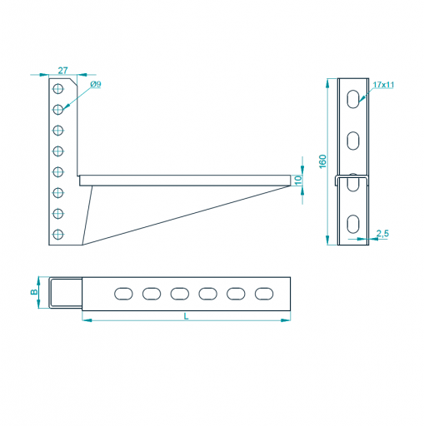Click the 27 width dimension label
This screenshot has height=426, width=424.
(62, 71)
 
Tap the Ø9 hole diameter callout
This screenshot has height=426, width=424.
(96, 84)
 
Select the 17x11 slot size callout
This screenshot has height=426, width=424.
(383, 85)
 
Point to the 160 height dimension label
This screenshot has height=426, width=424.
(322, 161)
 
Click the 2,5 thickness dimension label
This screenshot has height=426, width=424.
(382, 234)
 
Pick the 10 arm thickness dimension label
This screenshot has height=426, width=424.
(297, 181)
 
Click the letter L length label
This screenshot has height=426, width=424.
(186, 316)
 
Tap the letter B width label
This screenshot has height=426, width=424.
(34, 292)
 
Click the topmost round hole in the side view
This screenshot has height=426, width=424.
(58, 89)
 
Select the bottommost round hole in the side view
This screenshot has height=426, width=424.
(58, 235)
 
